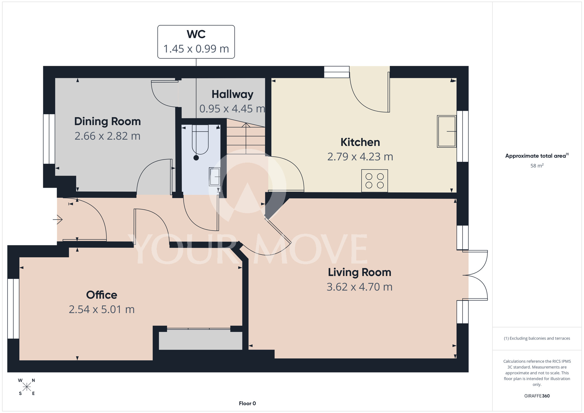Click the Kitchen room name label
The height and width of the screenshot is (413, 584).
pos(360,142)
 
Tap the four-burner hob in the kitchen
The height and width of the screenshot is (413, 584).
pos(375,181)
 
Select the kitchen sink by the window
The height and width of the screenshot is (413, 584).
pos(447,131)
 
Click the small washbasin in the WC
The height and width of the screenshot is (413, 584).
pos(215,177)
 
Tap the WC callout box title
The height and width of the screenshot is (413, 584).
pos(196,34)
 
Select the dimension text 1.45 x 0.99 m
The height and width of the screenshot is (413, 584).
pos(196,49)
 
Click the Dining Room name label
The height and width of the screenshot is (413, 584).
pos(107,122)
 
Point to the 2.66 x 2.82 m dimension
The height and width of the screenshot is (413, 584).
pos(107,136)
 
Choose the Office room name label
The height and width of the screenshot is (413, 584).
pos(102,295)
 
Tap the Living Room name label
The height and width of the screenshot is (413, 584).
pos(359,273)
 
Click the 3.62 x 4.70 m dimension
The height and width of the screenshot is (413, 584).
pos(359,287)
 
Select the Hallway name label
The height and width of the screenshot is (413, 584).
pos(232,94)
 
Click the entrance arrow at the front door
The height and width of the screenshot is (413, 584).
pos(58,219)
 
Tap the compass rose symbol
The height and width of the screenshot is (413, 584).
pos(27,387)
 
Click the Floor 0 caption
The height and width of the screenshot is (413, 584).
pos(247,403)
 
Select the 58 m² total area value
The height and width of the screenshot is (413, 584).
pos(537,166)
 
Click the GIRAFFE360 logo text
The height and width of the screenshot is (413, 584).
pos(537,396)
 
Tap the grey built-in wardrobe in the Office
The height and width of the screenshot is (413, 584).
pos(201,339)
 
